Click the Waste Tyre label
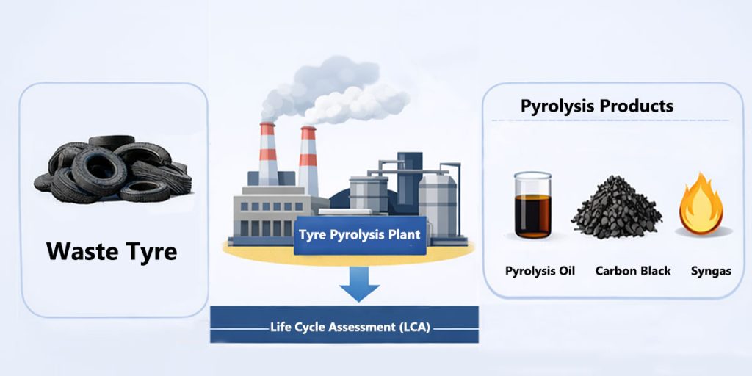[x=112, y=251]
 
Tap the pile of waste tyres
[x=112, y=170]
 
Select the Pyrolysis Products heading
[x=596, y=106]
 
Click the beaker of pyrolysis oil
[x=532, y=205]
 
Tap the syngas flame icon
[x=703, y=203]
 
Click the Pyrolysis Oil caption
[x=540, y=271]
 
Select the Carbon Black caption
[x=632, y=271]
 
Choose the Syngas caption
[x=710, y=271]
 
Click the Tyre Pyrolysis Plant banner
[x=359, y=236]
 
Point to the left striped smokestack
[x=268, y=154]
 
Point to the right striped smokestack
[x=308, y=158]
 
